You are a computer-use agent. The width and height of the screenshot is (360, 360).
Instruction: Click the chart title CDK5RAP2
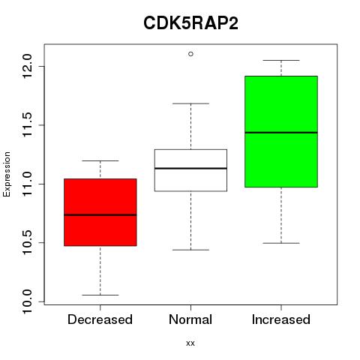pyautogui.click(x=190, y=23)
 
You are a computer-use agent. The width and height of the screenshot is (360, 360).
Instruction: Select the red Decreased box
pyautogui.click(x=100, y=212)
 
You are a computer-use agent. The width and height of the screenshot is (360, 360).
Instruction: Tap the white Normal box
pyautogui.click(x=190, y=170)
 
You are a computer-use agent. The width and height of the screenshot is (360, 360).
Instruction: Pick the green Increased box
pyautogui.click(x=281, y=131)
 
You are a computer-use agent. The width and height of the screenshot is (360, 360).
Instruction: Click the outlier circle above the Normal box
pyautogui.click(x=190, y=54)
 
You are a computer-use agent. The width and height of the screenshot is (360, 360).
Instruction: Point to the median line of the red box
pyautogui.click(x=100, y=214)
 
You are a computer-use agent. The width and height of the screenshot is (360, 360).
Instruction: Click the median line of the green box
pyautogui.click(x=281, y=133)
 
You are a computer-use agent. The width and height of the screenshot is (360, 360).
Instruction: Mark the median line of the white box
pyautogui.click(x=190, y=168)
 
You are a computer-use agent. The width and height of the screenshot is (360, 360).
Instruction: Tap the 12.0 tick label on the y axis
pyautogui.click(x=27, y=67)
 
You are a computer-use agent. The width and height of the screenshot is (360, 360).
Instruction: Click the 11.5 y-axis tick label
pyautogui.click(x=27, y=125)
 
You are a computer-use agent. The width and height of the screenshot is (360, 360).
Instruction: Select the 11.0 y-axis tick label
pyautogui.click(x=27, y=184)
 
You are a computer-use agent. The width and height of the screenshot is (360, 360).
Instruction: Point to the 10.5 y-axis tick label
pyautogui.click(x=27, y=243)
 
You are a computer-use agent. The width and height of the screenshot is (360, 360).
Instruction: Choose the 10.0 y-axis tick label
pyautogui.click(x=27, y=301)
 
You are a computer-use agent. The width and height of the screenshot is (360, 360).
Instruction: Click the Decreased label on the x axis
pyautogui.click(x=100, y=319)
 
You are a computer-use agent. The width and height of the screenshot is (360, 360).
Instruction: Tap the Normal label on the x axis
pyautogui.click(x=190, y=319)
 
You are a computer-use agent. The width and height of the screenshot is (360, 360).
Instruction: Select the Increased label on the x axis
pyautogui.click(x=281, y=319)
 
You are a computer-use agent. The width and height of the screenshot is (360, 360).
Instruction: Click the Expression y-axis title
pyautogui.click(x=7, y=174)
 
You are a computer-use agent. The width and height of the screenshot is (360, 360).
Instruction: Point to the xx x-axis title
pyautogui.click(x=190, y=343)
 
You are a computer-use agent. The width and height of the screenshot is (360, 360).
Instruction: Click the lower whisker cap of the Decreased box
pyautogui.click(x=100, y=295)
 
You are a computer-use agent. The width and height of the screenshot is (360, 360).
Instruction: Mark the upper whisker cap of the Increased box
pyautogui.click(x=281, y=60)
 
